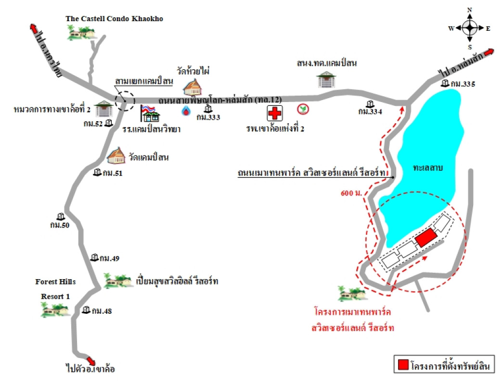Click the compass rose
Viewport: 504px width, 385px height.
point(470,28)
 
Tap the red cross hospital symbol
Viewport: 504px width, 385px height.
point(275,114)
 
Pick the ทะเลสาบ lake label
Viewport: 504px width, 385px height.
point(427,168)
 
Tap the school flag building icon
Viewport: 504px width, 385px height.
point(150,114)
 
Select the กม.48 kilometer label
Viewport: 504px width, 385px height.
point(101,311)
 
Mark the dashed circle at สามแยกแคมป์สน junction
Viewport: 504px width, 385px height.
point(125,101)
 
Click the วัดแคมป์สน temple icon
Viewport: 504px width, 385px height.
point(116,155)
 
